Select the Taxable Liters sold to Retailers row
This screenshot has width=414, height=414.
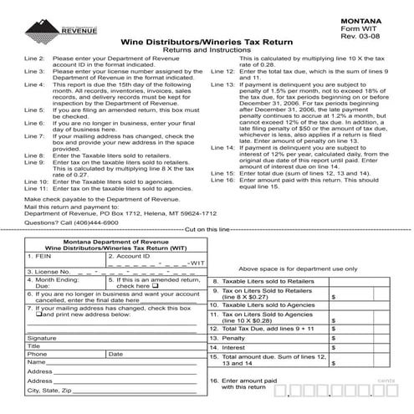[263, 282]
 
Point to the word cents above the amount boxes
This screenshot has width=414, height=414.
[386, 380]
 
